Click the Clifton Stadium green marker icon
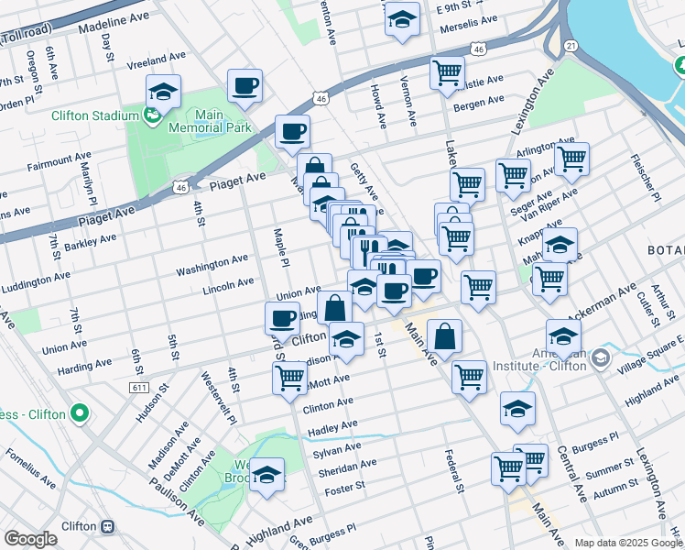click(153, 115)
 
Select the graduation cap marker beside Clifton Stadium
click(163, 91)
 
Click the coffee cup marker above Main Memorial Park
click(245, 86)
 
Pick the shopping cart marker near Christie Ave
click(447, 71)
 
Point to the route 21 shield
click(571, 45)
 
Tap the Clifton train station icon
click(108, 527)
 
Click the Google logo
click(30, 539)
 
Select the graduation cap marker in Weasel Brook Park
click(267, 474)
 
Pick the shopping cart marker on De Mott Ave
click(290, 376)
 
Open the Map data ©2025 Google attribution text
click(628, 543)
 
